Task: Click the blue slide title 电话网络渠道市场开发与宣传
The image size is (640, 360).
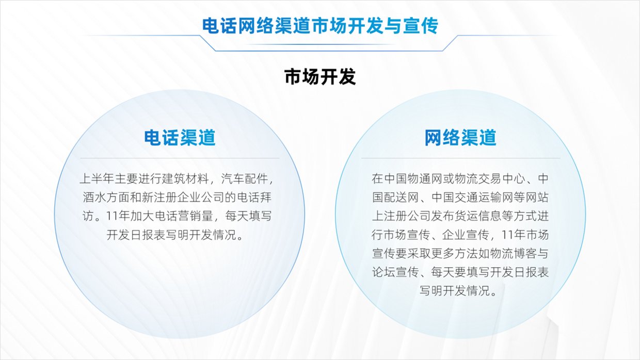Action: [320, 26]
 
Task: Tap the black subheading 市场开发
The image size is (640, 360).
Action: [320, 76]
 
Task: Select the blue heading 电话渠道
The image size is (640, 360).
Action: [180, 138]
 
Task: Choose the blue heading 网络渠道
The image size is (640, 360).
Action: [460, 138]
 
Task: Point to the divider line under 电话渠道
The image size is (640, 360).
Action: [180, 158]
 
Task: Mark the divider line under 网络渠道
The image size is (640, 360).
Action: [460, 158]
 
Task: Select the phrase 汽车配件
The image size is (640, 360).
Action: [245, 179]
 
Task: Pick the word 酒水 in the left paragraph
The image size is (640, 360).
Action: [94, 198]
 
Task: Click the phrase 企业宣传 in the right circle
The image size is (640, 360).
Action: [466, 235]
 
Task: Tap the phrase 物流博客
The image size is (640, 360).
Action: [513, 254]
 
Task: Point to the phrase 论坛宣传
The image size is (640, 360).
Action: [395, 272]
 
